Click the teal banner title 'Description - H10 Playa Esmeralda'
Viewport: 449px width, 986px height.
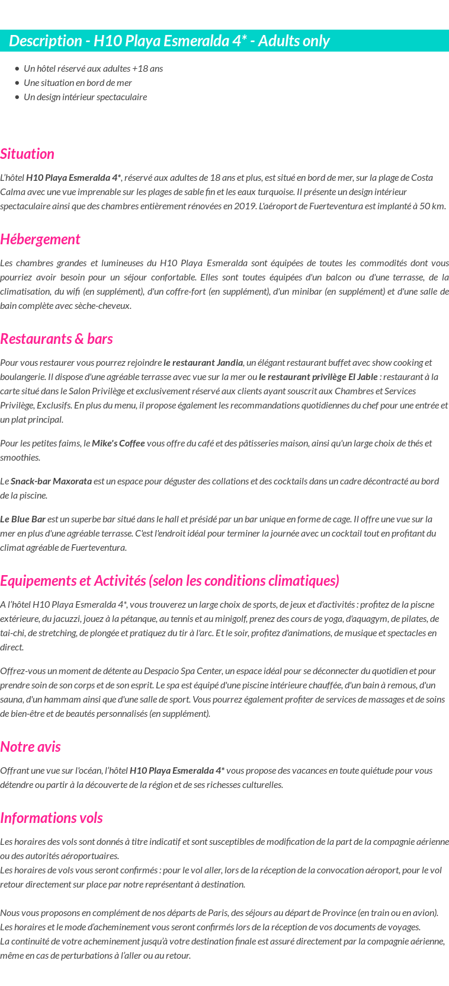tap(169, 41)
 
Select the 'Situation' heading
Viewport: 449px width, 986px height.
tap(27, 154)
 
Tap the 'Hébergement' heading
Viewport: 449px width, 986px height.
tap(40, 240)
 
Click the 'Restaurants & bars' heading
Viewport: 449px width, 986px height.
tap(56, 339)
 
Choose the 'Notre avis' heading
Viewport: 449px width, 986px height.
tap(31, 747)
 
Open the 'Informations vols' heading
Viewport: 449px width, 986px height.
tap(52, 818)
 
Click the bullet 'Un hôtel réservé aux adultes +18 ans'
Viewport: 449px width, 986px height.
tap(93, 69)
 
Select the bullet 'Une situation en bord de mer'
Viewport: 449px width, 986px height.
tap(78, 83)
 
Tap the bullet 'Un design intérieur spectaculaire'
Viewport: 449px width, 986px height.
tap(85, 97)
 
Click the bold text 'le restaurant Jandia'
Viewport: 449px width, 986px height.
tap(203, 363)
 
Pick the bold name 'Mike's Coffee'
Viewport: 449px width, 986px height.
tap(118, 443)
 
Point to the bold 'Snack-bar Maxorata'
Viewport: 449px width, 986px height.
tap(51, 481)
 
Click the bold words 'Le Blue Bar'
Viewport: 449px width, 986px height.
tap(23, 519)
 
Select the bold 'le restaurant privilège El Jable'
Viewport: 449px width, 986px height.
tap(318, 377)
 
